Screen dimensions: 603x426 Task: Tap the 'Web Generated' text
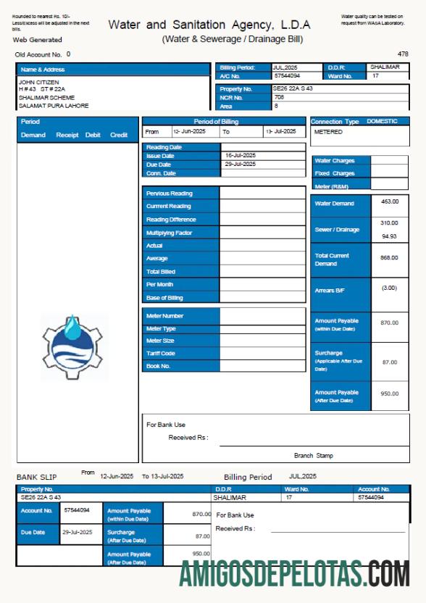(x=38, y=40)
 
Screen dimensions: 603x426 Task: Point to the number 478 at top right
(x=403, y=54)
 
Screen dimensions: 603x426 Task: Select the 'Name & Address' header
(x=43, y=70)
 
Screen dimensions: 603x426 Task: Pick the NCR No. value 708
(x=279, y=97)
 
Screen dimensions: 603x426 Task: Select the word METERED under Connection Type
(x=328, y=133)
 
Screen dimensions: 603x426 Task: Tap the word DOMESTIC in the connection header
(x=382, y=122)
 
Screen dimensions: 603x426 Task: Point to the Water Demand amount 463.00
(x=390, y=201)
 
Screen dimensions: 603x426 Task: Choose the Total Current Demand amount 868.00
(x=390, y=257)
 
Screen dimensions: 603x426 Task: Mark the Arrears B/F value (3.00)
(x=390, y=288)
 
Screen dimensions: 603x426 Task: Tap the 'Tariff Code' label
(x=161, y=354)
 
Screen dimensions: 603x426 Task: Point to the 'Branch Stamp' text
(x=313, y=456)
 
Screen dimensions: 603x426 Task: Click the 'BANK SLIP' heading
(x=36, y=477)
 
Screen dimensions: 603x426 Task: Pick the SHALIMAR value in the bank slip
(x=230, y=498)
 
